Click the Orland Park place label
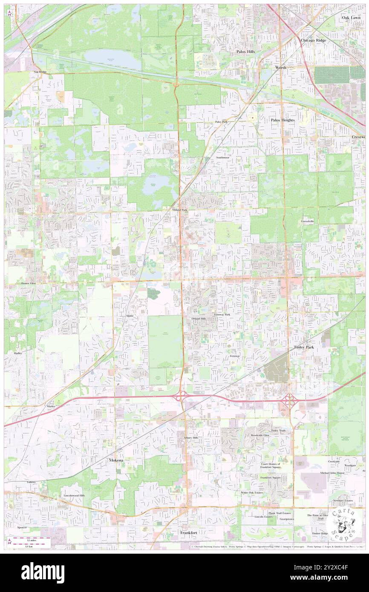pyautogui.click(x=180, y=210)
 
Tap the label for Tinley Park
pyautogui.click(x=303, y=347)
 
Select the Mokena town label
pyautogui.click(x=115, y=460)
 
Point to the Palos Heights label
pyautogui.click(x=283, y=120)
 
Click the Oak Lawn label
pyautogui.click(x=351, y=18)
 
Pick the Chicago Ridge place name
pyautogui.click(x=313, y=40)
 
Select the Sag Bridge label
pyautogui.click(x=40, y=72)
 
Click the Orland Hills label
pyautogui.click(x=199, y=319)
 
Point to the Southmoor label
pyautogui.click(x=222, y=158)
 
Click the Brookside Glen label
pyautogui.click(x=260, y=435)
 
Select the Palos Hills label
pyautogui.click(x=245, y=52)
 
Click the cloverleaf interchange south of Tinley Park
pyautogui.click(x=290, y=400)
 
